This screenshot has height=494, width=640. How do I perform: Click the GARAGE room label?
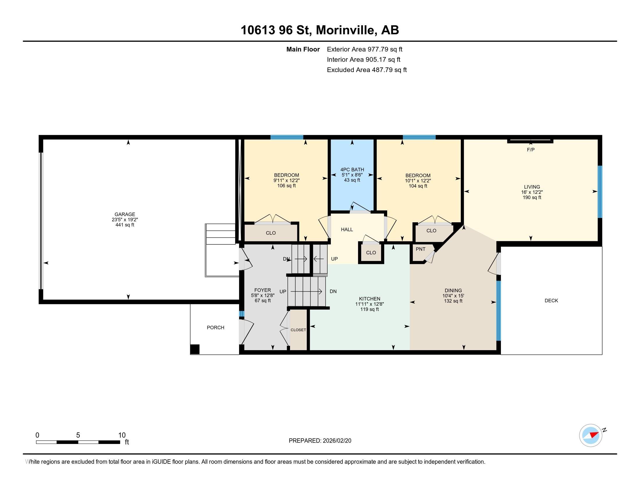click(x=125, y=214)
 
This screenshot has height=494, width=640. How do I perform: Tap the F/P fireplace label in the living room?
click(x=531, y=150)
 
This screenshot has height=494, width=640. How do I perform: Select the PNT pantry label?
click(x=421, y=249)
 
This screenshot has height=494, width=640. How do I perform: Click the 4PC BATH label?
click(x=352, y=169)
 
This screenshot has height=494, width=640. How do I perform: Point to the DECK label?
click(x=551, y=300)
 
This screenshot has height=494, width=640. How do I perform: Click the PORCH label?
click(x=215, y=327)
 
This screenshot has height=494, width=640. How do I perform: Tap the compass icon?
click(x=591, y=435)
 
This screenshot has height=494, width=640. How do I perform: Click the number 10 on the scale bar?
click(x=122, y=435)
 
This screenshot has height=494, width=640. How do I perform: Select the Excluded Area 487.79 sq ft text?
click(x=367, y=70)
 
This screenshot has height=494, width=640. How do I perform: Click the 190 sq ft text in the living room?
click(x=532, y=198)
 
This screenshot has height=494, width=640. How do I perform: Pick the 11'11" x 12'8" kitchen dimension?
click(x=369, y=304)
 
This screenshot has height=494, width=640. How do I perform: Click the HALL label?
click(x=347, y=230)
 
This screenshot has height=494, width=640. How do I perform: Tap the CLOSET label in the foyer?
click(x=298, y=330)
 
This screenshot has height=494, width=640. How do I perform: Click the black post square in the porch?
click(x=195, y=349)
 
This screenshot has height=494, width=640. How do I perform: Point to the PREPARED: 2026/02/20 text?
click(x=320, y=441)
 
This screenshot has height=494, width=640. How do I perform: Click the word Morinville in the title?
click(x=346, y=30)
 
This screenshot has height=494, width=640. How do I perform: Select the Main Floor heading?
click(x=303, y=49)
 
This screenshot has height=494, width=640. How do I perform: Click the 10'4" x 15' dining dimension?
click(x=453, y=296)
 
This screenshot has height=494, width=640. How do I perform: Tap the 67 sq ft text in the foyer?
click(x=263, y=300)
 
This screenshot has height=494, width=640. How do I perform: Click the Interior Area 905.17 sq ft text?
click(x=363, y=60)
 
